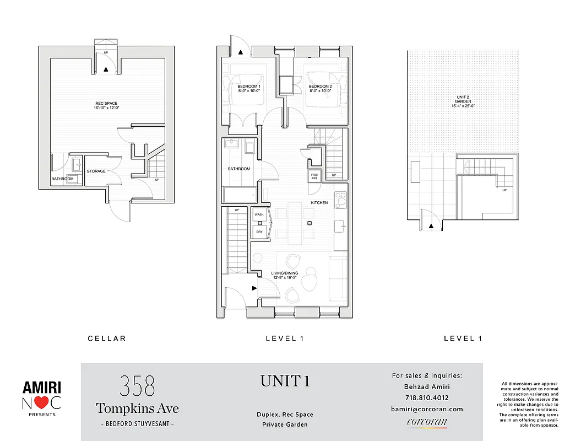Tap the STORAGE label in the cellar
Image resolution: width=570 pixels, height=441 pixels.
click(x=96, y=171)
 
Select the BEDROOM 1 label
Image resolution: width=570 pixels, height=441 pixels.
click(x=249, y=87)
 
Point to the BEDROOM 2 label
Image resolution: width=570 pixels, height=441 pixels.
click(x=320, y=87)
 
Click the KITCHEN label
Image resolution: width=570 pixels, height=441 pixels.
click(x=319, y=203)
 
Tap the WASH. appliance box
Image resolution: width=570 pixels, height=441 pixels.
click(x=259, y=214)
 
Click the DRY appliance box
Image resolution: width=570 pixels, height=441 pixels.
click(x=259, y=232)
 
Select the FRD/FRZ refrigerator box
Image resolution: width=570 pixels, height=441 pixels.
click(x=316, y=177)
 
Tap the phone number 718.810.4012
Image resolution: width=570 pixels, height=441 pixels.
click(x=426, y=397)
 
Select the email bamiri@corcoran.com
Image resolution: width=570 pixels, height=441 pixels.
click(x=426, y=409)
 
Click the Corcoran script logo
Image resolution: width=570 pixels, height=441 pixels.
click(x=426, y=423)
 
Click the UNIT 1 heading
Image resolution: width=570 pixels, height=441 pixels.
click(x=285, y=381)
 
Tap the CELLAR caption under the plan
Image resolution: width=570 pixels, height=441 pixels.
click(x=107, y=338)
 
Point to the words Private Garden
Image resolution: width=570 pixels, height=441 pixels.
click(x=285, y=424)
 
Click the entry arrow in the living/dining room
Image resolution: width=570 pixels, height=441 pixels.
click(x=254, y=288)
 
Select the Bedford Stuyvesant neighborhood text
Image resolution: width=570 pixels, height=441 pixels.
click(x=137, y=423)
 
